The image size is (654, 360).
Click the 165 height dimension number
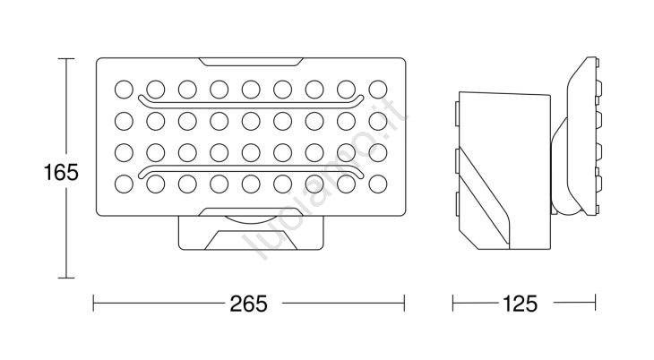[61, 172]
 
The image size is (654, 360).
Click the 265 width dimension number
[248, 304]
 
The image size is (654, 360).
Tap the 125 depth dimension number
[521, 304]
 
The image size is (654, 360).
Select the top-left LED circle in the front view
[124, 90]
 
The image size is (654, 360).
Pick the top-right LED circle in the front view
[378, 90]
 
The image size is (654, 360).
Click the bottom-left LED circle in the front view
[124, 184]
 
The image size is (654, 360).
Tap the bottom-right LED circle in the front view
[378, 184]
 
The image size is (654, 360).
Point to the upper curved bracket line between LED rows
[251, 105]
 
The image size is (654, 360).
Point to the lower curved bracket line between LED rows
[251, 167]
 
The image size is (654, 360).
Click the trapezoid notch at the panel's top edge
[251, 62]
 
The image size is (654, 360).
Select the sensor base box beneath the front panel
[251, 233]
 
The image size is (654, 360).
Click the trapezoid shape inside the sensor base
[251, 240]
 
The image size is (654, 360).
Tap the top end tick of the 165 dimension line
[66, 59]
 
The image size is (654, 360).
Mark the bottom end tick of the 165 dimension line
[66, 278]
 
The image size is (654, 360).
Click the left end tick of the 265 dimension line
[93, 303]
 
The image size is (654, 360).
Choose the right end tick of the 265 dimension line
[404, 303]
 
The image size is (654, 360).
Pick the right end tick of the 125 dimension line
[595, 303]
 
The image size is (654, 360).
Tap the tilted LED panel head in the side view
[583, 136]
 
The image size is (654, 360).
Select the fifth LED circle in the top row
[251, 90]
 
